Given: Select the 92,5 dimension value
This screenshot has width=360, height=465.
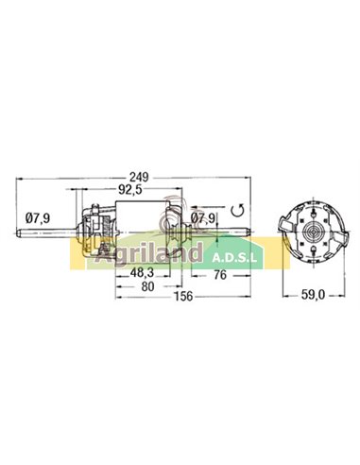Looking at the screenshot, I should (129, 189).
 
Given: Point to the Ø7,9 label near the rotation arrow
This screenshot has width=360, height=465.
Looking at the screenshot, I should (203, 218).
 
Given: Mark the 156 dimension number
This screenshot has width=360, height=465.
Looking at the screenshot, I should (183, 297).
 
